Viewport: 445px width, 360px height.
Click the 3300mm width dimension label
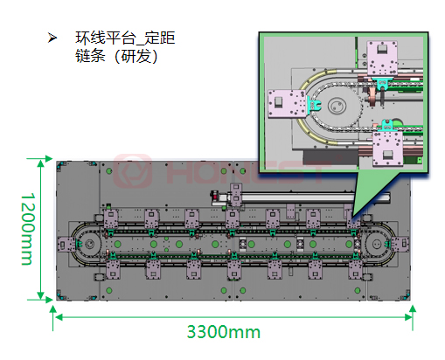(x=223, y=332)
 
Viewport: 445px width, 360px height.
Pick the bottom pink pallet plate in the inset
(x=390, y=149)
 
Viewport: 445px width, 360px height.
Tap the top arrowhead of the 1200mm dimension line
(x=40, y=163)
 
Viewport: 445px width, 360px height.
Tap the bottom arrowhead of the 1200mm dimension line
(x=40, y=295)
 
